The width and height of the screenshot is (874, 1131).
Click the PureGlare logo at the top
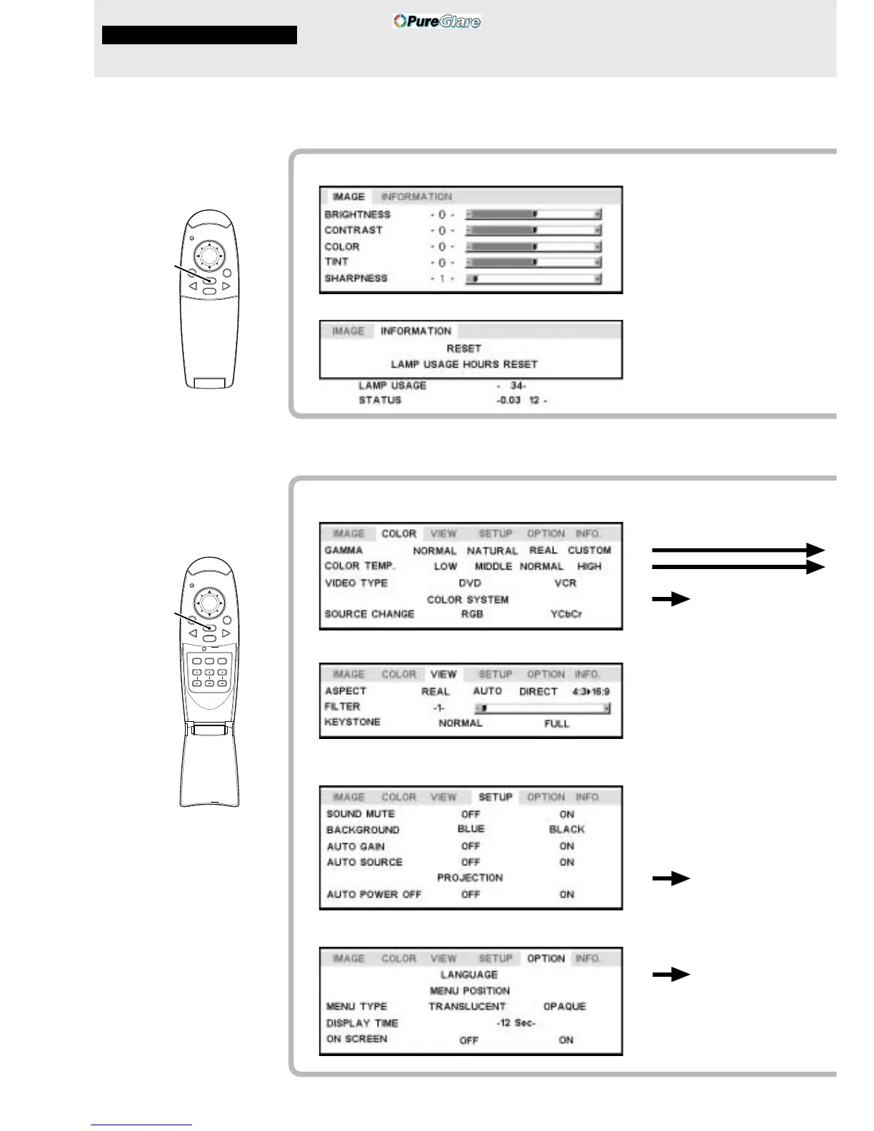[437, 21]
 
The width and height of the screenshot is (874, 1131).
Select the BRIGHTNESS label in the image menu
[357, 214]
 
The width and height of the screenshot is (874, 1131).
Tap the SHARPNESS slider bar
[533, 278]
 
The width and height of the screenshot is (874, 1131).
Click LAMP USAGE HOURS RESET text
[463, 364]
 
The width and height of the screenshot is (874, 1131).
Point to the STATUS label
[380, 400]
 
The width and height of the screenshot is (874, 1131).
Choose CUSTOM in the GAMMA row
[589, 551]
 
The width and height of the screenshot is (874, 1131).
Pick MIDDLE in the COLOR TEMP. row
[493, 566]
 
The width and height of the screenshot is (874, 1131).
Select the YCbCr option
[566, 614]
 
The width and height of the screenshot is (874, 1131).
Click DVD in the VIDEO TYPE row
[470, 583]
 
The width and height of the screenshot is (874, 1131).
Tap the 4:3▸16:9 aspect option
[591, 691]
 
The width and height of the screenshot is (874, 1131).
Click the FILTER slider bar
[542, 708]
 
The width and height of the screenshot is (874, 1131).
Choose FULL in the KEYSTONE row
[556, 723]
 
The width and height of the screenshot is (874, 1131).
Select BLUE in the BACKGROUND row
[471, 829]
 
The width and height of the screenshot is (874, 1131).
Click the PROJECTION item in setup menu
[470, 878]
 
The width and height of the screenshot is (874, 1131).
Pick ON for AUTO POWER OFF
[566, 894]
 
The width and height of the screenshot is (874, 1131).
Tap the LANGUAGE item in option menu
[469, 975]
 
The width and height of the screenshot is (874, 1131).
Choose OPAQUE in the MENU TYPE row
[564, 1006]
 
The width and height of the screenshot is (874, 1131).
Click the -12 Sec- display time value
[516, 1022]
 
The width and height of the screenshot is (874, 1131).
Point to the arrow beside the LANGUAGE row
[670, 975]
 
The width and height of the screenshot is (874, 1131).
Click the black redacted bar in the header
[199, 35]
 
